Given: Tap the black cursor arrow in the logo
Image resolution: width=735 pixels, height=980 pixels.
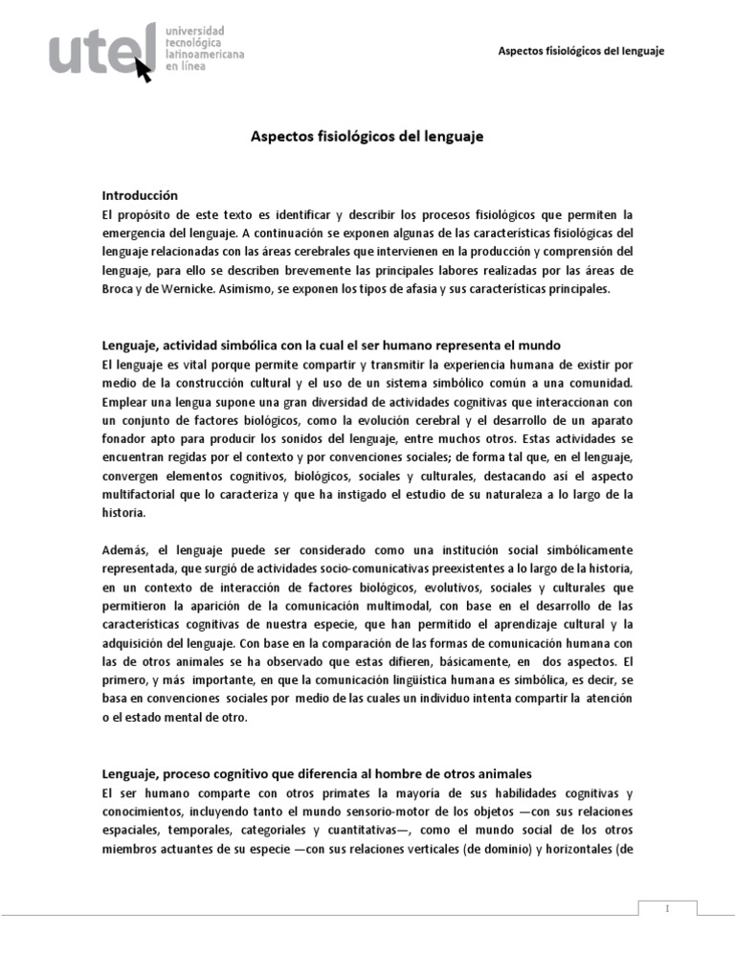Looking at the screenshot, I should [x=145, y=70].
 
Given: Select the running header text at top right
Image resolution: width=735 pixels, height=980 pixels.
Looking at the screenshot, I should [x=582, y=50].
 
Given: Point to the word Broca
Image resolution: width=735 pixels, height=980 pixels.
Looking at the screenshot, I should [x=119, y=288].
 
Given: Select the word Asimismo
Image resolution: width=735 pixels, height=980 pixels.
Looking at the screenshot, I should [x=255, y=288].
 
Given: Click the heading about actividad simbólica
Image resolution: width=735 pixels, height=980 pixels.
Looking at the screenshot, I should [x=330, y=345].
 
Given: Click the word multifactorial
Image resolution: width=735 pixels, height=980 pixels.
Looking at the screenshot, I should [x=142, y=494].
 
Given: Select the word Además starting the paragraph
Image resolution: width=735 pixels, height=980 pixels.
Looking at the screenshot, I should [x=123, y=549].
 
